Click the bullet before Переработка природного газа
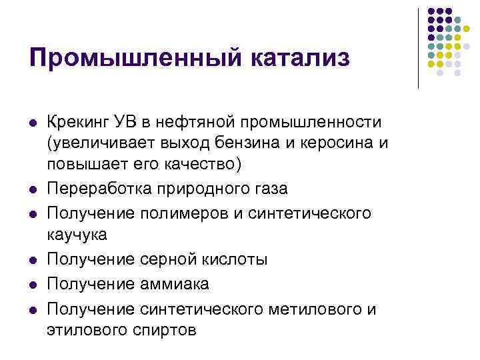(33, 189)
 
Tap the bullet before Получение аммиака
(33, 285)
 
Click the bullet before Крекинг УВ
(33, 123)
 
